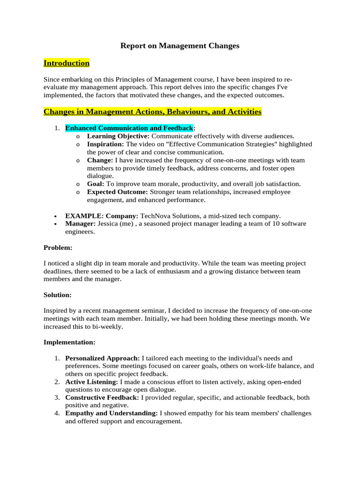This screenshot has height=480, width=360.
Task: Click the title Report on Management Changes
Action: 180,45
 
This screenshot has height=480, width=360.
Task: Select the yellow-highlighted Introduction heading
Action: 67,63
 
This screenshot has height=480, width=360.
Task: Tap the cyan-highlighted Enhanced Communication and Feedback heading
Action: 129,128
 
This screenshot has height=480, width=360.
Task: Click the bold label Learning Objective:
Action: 119,136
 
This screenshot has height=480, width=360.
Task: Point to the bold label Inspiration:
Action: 105,144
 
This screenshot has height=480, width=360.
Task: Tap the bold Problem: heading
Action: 58,247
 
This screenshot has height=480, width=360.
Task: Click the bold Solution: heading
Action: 58,295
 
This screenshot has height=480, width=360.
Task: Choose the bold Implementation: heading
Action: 69,342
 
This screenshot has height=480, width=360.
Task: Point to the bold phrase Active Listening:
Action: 91,382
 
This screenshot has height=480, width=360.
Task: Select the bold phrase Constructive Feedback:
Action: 102,397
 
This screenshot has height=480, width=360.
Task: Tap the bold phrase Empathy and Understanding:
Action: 111,413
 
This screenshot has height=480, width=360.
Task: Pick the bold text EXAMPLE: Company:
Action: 101,216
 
